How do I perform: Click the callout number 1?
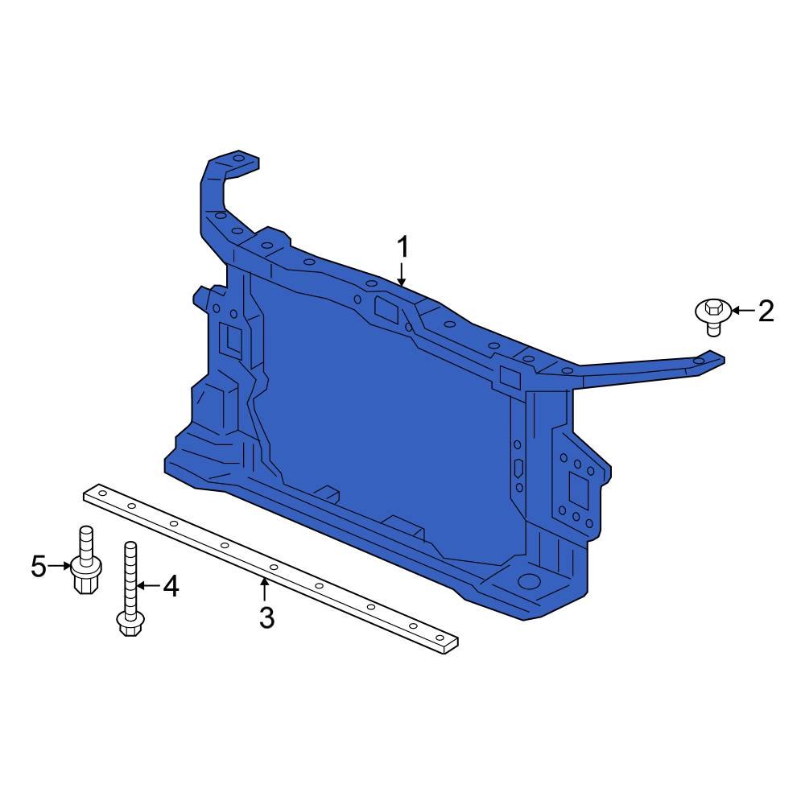pyautogui.click(x=403, y=247)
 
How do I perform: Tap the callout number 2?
pyautogui.click(x=766, y=311)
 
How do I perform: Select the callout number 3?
pyautogui.click(x=267, y=618)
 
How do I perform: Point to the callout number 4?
pyautogui.click(x=171, y=586)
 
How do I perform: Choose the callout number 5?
pyautogui.click(x=39, y=566)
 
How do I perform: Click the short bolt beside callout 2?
pyautogui.click(x=713, y=316)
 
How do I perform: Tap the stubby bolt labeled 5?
pyautogui.click(x=85, y=560)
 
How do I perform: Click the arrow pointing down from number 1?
pyautogui.click(x=402, y=274)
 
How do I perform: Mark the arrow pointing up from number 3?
pyautogui.click(x=264, y=589)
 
